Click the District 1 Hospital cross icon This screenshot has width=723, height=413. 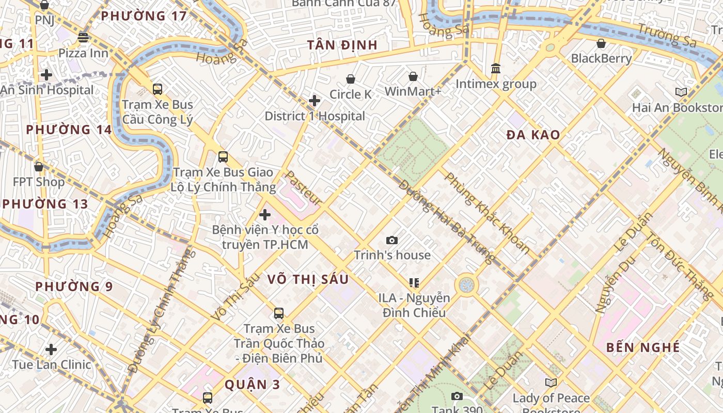pyautogui.click(x=314, y=101)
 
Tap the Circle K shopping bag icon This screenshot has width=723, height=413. pyautogui.click(x=351, y=79)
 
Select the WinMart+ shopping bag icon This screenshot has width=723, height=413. pyautogui.click(x=413, y=77)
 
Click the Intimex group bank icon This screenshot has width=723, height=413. pyautogui.click(x=496, y=69)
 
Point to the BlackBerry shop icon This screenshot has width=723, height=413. pyautogui.click(x=601, y=43)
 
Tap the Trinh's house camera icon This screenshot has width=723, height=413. pyautogui.click(x=392, y=240)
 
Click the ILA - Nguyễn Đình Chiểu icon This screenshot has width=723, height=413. pyautogui.click(x=414, y=282)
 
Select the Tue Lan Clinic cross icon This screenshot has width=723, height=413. pyautogui.click(x=51, y=350)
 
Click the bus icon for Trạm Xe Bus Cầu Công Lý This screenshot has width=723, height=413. pyautogui.click(x=158, y=89)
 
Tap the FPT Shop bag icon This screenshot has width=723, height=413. pyautogui.click(x=39, y=167)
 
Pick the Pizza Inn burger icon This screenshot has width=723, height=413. pyautogui.click(x=83, y=38)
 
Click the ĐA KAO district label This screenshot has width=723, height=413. pyautogui.click(x=533, y=135)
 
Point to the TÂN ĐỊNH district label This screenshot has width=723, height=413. pyautogui.click(x=342, y=45)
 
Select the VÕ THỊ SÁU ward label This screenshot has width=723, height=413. pyautogui.click(x=308, y=279)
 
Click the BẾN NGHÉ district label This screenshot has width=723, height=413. pyautogui.click(x=643, y=347)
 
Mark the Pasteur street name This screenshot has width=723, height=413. pyautogui.click(x=304, y=188)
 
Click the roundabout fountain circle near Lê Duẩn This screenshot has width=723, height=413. pyautogui.click(x=466, y=284)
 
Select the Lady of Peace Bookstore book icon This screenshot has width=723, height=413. pyautogui.click(x=551, y=383)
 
